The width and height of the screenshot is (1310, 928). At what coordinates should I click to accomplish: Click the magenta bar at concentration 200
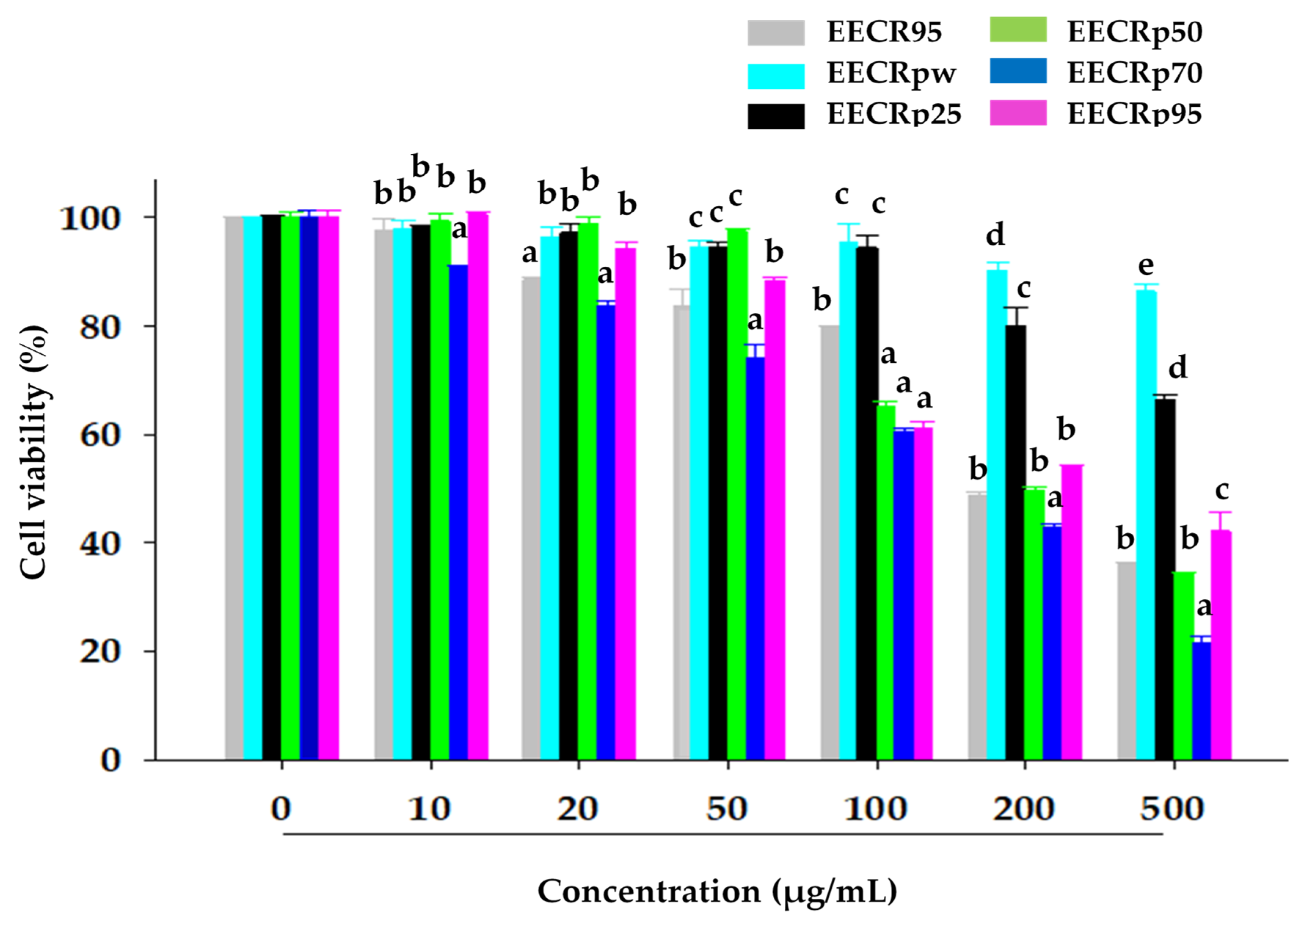click(x=1072, y=611)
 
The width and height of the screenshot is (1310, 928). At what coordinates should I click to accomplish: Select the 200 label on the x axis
click(x=1023, y=808)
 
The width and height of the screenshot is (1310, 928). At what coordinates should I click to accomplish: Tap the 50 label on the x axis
click(x=727, y=808)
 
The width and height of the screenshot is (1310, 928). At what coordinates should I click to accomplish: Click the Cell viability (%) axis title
click(x=33, y=453)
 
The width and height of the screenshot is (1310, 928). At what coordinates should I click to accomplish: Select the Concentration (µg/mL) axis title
click(x=717, y=891)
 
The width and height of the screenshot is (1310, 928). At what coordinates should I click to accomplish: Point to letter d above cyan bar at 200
click(x=995, y=234)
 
